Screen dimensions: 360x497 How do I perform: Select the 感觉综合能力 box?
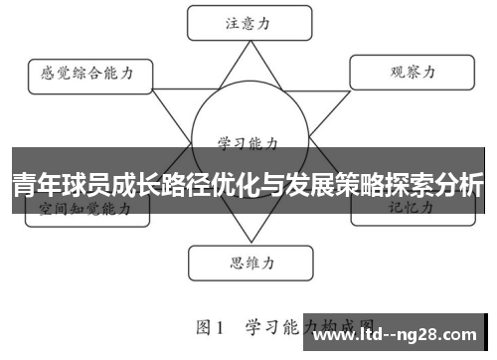[87, 74]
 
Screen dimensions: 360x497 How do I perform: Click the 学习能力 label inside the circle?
[248, 142]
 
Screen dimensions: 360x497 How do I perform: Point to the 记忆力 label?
[409, 209]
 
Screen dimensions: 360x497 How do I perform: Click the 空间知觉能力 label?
[84, 209]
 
